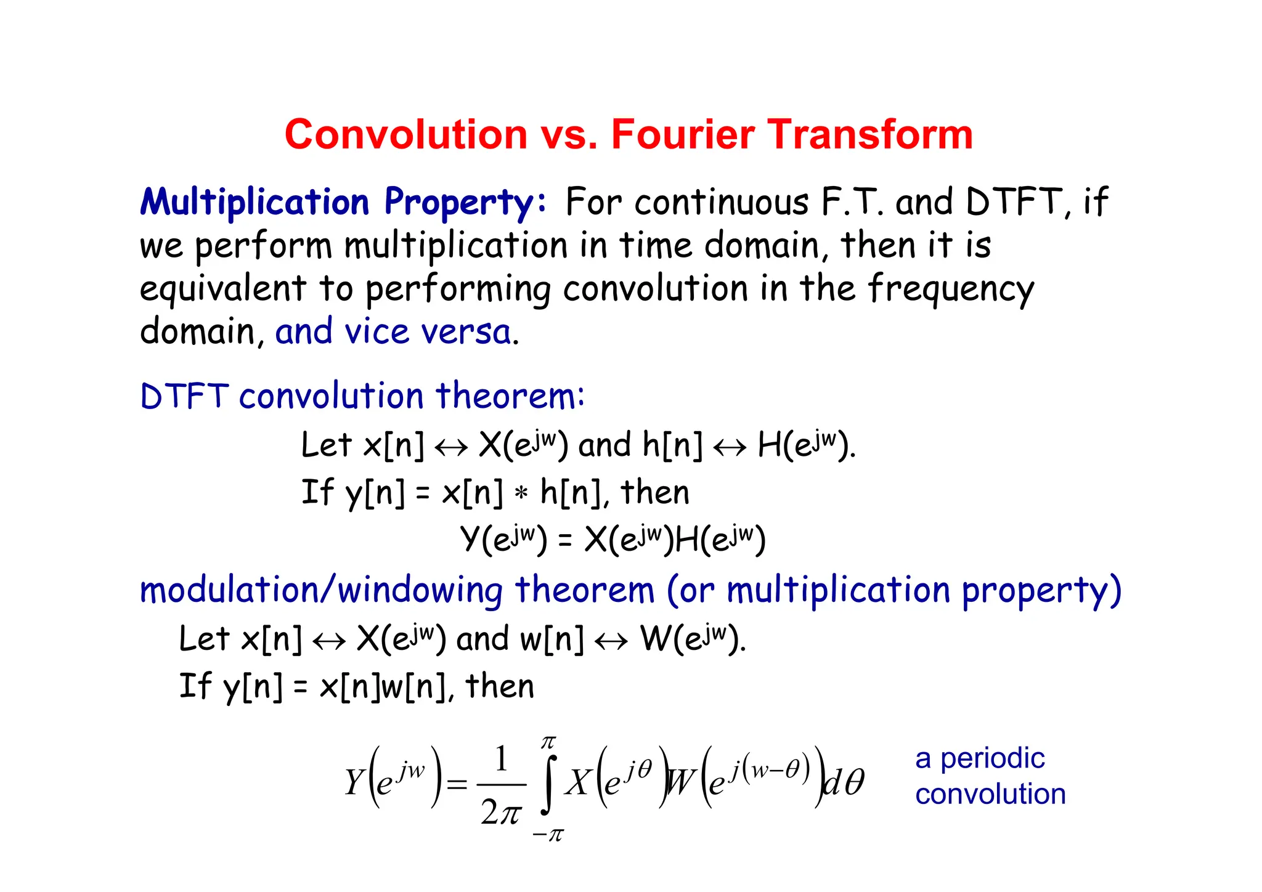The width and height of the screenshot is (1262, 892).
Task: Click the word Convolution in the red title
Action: point(405,134)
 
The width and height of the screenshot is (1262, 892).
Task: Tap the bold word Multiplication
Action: point(254,202)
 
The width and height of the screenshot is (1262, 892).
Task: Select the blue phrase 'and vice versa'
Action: point(393,332)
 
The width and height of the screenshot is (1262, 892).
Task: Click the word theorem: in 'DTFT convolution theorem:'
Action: point(510,396)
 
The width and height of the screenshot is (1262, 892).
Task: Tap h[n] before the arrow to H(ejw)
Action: point(672,445)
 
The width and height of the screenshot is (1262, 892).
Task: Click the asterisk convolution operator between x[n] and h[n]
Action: point(521,493)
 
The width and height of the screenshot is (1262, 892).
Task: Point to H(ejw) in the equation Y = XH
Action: point(720,540)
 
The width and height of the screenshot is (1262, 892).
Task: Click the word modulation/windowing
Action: point(320,590)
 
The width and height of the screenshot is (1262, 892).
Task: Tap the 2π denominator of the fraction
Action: point(501,813)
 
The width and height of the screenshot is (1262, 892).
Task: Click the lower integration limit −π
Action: point(548,835)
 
